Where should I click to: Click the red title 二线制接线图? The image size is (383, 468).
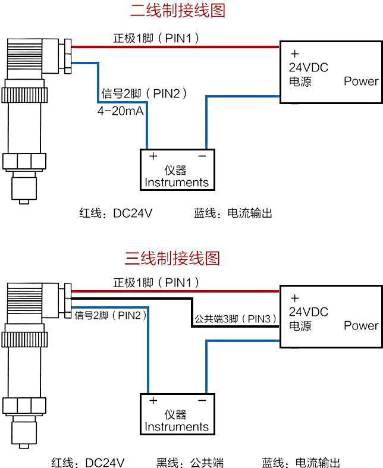coord(178,11)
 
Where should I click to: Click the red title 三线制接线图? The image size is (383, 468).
coord(172,258)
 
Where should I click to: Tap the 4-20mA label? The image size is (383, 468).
coord(120,111)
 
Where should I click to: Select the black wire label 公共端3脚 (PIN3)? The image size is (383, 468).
coord(236,319)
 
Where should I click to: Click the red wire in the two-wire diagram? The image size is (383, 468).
coord(175,47)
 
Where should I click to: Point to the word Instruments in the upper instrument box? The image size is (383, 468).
coord(177,183)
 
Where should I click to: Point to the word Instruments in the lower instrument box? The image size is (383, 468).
coord(177,427)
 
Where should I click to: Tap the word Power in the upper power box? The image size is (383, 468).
coord(361,81)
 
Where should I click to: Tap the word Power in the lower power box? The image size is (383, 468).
coord(361,326)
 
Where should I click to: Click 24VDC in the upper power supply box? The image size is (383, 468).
coord(309,67)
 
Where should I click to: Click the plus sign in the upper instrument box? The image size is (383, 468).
coord(153,156)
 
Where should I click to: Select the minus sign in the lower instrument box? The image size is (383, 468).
coord(202,401)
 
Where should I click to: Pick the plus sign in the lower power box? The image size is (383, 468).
coord(294,298)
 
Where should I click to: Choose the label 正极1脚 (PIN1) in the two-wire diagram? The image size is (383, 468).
coord(156,38)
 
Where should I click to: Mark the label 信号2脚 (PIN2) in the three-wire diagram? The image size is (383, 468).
coord(111,315)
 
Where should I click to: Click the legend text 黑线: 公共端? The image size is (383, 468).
coord(190,462)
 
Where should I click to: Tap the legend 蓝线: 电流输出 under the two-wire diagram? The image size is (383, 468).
coord(233,213)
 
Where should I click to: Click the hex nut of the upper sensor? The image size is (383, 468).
coord(24,162)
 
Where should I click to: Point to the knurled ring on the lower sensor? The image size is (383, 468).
coord(24,340)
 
